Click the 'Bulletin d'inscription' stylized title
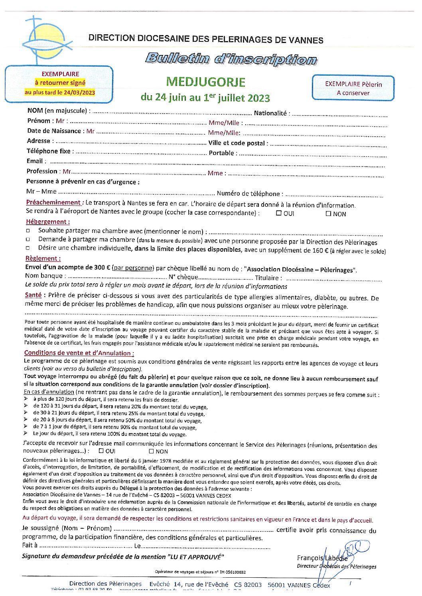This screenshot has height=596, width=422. point(231,59)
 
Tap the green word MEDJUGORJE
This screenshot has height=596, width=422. point(205,82)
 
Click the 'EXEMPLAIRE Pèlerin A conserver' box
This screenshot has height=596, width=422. point(353,88)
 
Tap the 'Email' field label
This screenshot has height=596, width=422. point(35,161)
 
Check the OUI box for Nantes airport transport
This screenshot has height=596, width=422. point(279,213)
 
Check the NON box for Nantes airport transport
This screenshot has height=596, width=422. point(328,214)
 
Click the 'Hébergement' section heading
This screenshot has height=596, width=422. point(47,222)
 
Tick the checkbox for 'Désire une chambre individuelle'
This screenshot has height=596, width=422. point(28,248)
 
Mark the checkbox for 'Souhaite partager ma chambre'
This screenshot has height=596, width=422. point(28,231)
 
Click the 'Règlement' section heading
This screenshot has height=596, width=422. point(43,258)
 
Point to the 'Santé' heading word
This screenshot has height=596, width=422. point(33,295)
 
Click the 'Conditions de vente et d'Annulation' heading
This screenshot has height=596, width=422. point(79,353)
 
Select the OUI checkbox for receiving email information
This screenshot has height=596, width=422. point(101,451)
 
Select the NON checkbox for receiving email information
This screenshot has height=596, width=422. point(151,451)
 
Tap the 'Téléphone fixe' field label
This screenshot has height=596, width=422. point(48,151)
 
